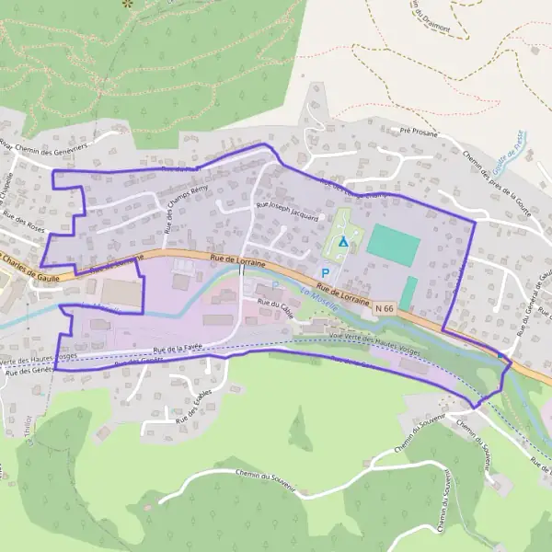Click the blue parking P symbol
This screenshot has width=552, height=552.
click(x=325, y=273)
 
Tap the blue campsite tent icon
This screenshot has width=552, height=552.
click(x=343, y=242)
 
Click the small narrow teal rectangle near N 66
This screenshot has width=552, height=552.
click(x=408, y=293)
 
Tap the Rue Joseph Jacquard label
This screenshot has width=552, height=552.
click(x=287, y=212)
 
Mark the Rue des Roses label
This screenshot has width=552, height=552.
click(x=23, y=222)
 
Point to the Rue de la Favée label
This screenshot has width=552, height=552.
click(x=177, y=349)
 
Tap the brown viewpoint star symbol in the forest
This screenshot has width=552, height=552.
click(x=127, y=4)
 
